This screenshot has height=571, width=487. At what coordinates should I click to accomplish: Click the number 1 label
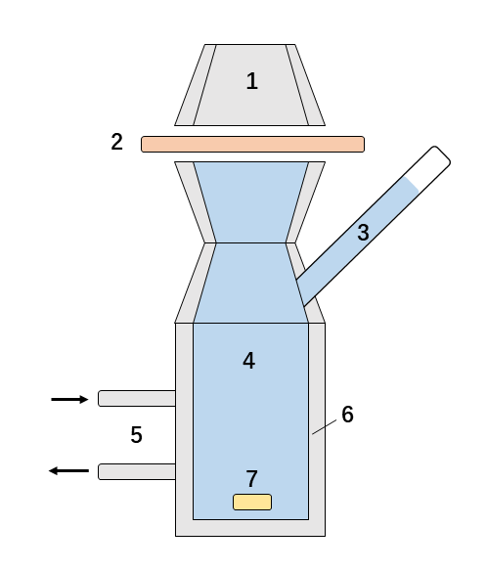pos(251,81)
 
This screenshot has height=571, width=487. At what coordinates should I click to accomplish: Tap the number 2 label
pos(117,142)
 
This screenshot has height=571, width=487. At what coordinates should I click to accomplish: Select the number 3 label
pos(363,233)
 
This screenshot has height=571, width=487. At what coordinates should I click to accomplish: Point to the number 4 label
pos(249,361)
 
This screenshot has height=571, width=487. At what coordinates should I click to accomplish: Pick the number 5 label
pos(136,435)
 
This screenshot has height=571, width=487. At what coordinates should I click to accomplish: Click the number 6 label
pos(347,415)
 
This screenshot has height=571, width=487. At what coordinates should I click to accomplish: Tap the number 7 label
pos(251,479)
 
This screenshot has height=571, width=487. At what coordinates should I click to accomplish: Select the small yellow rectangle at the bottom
pos(251,503)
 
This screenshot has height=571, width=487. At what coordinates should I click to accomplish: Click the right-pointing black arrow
pos(69,399)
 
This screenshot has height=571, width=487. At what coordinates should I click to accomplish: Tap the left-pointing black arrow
pos(68,471)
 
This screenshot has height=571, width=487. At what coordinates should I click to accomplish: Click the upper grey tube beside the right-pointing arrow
pos(136,398)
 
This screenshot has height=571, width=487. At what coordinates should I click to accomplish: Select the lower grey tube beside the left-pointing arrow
pos(136,471)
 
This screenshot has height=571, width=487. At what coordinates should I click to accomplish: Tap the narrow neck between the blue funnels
pos(250,242)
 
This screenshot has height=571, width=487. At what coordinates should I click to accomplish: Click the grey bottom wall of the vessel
pos(250,528)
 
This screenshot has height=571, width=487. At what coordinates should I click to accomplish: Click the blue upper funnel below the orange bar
pos(250,196)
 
